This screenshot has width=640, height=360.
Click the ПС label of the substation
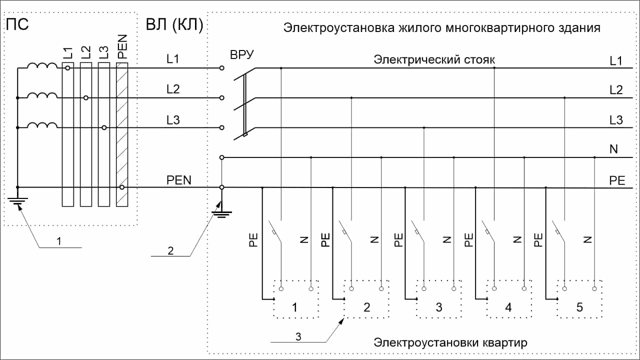point(17,24)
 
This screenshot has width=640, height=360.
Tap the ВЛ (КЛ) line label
point(173,25)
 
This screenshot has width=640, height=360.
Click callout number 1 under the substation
point(58,241)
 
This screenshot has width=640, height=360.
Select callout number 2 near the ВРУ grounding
point(170,251)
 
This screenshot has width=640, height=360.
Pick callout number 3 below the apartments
point(298,336)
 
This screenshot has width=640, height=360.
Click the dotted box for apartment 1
point(296,299)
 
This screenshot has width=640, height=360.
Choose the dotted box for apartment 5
point(579,299)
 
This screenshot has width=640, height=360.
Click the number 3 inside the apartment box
point(439,307)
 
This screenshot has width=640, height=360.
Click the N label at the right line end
point(613,149)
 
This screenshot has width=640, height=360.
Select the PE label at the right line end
point(617,180)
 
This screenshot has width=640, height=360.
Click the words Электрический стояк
point(434,60)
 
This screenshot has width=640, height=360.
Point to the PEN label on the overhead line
point(179,180)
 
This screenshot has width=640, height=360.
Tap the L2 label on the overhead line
point(173,89)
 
